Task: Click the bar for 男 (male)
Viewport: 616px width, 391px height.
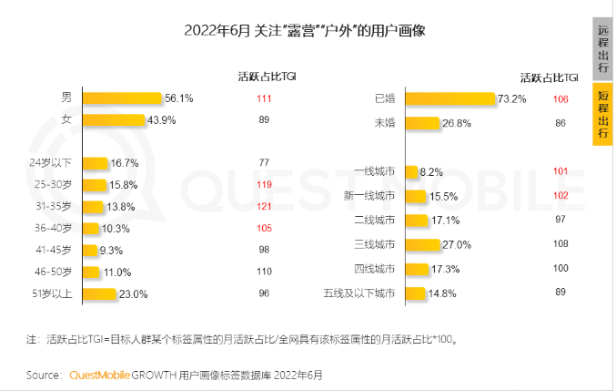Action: [x=121, y=98]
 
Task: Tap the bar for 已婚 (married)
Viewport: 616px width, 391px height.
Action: [x=449, y=98]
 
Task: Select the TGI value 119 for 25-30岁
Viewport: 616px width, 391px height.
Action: [x=265, y=185]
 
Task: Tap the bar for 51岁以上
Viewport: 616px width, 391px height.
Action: [x=100, y=293]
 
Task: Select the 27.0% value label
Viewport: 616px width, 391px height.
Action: [x=457, y=244]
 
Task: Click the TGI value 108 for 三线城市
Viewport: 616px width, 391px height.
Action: [x=560, y=243]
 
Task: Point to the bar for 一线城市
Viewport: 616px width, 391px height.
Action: [x=410, y=170]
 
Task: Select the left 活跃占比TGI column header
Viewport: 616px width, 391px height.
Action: [x=264, y=76]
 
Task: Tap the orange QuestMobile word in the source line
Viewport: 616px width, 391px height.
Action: [x=101, y=375]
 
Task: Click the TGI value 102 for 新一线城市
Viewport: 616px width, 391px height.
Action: [x=560, y=195]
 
